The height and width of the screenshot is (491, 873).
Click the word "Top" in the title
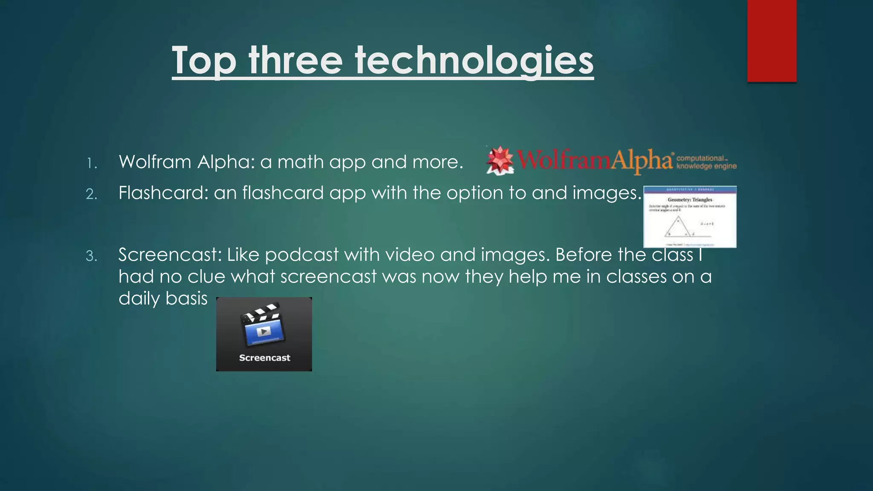point(204,61)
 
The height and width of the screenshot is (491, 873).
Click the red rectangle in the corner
point(772,40)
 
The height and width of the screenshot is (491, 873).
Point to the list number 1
point(92,163)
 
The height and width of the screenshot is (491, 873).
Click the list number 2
point(92,194)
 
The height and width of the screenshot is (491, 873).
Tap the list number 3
point(92,256)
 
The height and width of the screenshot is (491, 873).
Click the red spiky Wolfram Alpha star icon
point(500,160)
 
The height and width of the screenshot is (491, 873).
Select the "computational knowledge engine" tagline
point(706,162)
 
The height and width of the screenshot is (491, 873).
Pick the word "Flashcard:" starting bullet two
point(163,193)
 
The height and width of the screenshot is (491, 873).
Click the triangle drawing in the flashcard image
point(678,226)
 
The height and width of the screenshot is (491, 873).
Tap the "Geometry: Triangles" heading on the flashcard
point(690,199)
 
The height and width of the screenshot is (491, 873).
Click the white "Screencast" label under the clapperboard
point(264,358)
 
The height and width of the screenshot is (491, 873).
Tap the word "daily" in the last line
point(139,298)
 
